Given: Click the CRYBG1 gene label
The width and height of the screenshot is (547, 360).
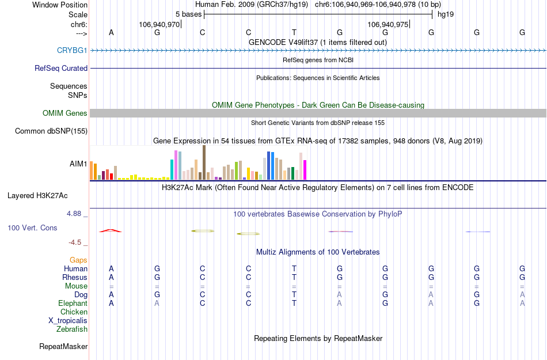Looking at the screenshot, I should click(72, 51).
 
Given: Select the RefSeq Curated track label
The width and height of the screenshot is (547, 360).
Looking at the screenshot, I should click(61, 68).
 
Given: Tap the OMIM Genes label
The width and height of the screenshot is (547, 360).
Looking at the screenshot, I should click(65, 113).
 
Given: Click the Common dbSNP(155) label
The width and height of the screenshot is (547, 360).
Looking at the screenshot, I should click(51, 131).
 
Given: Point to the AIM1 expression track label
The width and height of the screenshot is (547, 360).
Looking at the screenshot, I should click(78, 164).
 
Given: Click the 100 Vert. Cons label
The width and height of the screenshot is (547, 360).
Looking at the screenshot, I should click(33, 228).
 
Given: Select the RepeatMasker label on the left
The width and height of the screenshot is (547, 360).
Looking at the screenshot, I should click(63, 347).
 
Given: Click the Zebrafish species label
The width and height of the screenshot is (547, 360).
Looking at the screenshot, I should click(72, 329).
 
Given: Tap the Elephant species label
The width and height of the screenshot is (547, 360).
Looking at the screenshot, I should click(73, 304).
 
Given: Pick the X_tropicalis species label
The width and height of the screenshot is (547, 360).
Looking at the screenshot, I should click(68, 321).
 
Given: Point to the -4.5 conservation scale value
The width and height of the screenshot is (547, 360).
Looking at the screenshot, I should click(76, 242).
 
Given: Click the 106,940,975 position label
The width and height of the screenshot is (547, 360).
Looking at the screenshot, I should click(388, 24).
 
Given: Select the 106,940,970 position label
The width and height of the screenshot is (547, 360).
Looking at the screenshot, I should click(159, 24).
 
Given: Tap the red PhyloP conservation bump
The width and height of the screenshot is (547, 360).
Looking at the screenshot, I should click(111, 230).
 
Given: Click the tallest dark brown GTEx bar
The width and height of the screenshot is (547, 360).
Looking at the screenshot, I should click(204, 163).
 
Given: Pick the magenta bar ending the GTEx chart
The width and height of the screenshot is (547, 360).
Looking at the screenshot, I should click(305, 170).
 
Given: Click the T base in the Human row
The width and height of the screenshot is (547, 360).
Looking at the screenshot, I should click(294, 269).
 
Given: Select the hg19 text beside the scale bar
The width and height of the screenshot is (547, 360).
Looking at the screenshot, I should click(446, 14).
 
